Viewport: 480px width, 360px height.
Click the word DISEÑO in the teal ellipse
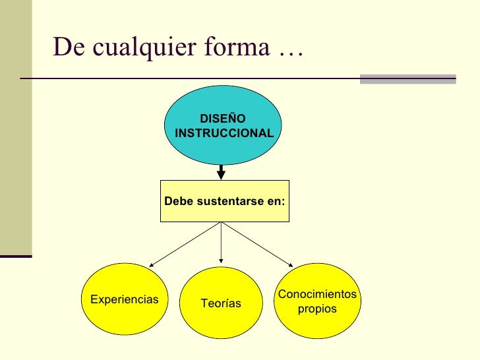(223, 119)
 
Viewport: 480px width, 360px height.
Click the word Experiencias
(125, 299)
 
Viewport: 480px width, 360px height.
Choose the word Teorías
(221, 303)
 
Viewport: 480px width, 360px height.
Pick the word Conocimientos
(317, 294)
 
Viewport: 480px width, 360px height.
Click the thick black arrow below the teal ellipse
(222, 171)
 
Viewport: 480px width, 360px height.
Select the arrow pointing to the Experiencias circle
(185, 245)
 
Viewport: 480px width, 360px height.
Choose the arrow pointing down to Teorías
(221, 244)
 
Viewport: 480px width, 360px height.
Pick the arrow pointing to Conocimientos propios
(258, 245)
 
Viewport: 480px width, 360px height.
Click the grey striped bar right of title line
(408, 79)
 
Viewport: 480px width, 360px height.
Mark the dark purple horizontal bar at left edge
(16, 255)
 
